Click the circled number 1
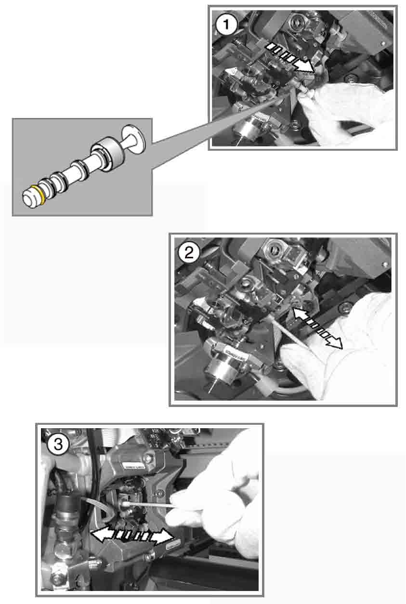pos(226,25)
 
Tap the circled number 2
pos(189,253)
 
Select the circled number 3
pos(58,444)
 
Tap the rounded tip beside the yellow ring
pos(30,199)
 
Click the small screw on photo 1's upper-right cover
pos(383,43)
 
